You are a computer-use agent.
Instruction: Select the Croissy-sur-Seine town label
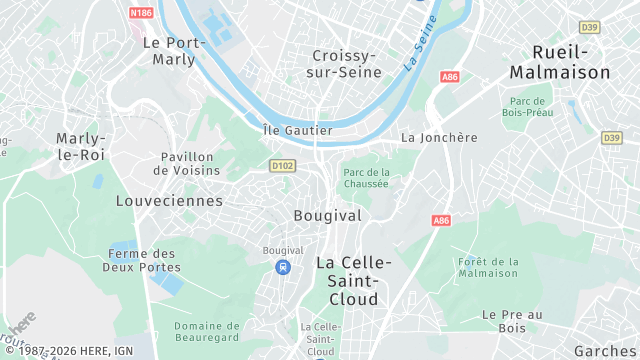tap(344, 63)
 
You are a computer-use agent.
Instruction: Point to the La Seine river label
tap(421, 50)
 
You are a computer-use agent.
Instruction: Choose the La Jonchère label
tap(439, 137)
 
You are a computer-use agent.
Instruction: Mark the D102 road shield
tap(282, 165)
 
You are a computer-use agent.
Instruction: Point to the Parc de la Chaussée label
tap(366, 177)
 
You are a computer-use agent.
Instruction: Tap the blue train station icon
tap(283, 267)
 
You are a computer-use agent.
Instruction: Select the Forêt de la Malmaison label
tap(488, 267)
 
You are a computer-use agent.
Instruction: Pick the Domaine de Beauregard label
tap(207, 332)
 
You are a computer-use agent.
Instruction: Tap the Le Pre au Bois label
tap(511, 320)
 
